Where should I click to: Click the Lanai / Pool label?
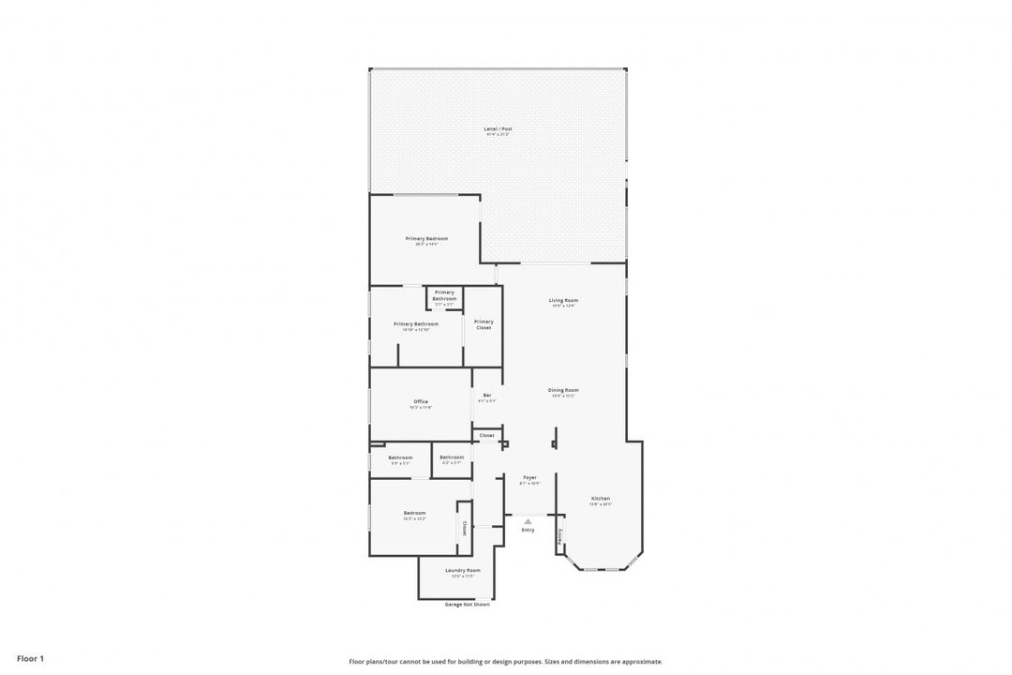[x=498, y=128]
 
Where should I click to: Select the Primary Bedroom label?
[x=426, y=239]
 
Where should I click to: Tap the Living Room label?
[x=563, y=300]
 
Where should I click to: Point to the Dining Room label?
[x=563, y=390]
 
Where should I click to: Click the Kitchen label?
[x=601, y=498]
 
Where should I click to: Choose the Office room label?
[x=421, y=401]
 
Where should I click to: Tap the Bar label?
[x=487, y=396]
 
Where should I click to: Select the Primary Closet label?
[x=484, y=324]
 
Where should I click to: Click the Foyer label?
[x=529, y=477]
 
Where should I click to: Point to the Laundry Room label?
[x=463, y=570]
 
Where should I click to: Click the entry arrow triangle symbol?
[x=528, y=521]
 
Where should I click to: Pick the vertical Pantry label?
[x=560, y=536]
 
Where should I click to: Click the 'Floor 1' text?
[x=30, y=659]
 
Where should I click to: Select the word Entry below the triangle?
[x=528, y=531]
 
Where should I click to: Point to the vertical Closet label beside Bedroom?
[x=464, y=528]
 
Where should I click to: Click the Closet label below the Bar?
[x=487, y=435]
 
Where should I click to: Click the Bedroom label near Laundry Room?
[x=414, y=513]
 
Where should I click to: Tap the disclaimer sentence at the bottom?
[x=505, y=661]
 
